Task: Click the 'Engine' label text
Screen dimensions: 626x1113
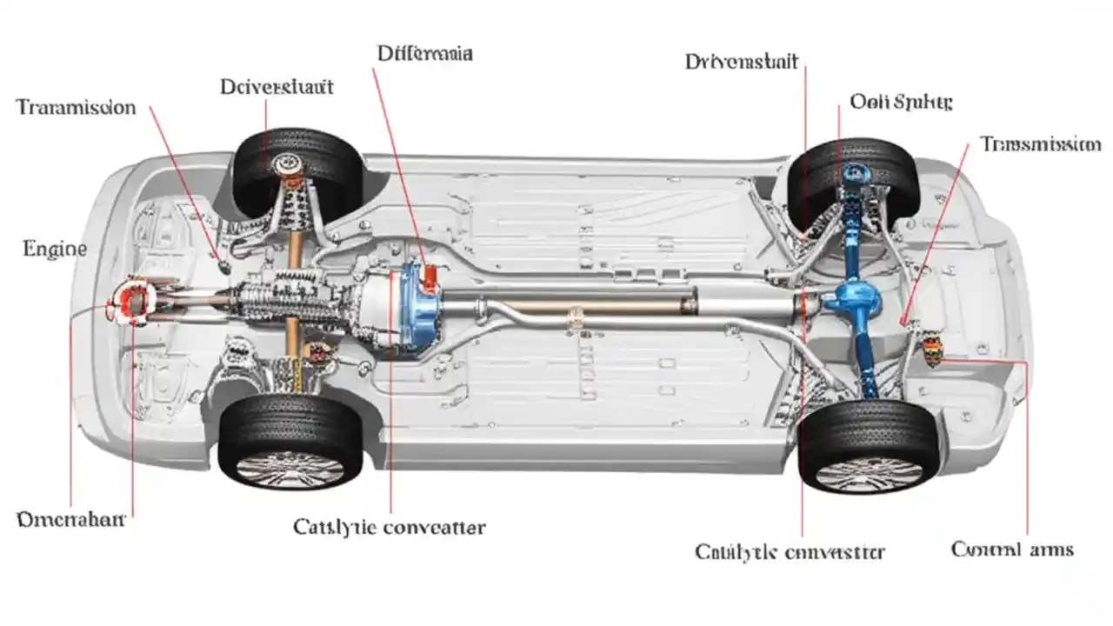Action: tap(54, 250)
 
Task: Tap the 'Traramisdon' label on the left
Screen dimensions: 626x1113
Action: tap(77, 108)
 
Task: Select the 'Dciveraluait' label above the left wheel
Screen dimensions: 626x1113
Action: tap(277, 87)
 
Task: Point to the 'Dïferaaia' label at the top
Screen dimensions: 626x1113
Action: tap(425, 53)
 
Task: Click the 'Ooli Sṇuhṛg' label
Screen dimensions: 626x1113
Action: tap(901, 102)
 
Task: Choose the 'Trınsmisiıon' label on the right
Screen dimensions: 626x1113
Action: tap(1040, 144)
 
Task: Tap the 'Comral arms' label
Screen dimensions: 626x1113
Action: tap(1012, 549)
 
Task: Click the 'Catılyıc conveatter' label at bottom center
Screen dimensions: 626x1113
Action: tap(390, 527)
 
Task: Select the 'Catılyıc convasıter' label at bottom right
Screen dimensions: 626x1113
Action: tap(790, 552)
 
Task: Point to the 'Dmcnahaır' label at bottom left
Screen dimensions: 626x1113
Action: tap(71, 520)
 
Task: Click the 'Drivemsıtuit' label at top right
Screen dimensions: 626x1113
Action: tap(741, 62)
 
